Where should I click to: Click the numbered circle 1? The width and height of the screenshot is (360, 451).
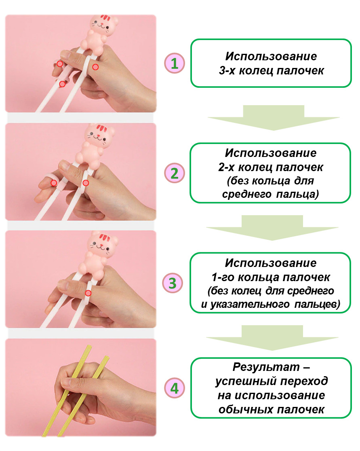tap(175, 63)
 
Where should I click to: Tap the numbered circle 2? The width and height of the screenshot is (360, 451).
tap(175, 173)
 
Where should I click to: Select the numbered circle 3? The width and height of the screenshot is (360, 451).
tap(173, 283)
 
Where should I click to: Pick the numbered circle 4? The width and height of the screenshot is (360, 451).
tap(175, 388)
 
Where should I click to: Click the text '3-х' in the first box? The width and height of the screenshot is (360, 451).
tap(227, 70)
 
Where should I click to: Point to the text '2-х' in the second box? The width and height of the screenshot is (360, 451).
tap(227, 167)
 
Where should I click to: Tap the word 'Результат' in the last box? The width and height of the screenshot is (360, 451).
tap(266, 367)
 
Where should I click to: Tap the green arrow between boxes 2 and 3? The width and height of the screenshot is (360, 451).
tap(272, 228)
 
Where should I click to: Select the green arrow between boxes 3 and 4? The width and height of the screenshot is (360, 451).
tap(272, 338)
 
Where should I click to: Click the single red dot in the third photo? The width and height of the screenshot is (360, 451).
tap(88, 293)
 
